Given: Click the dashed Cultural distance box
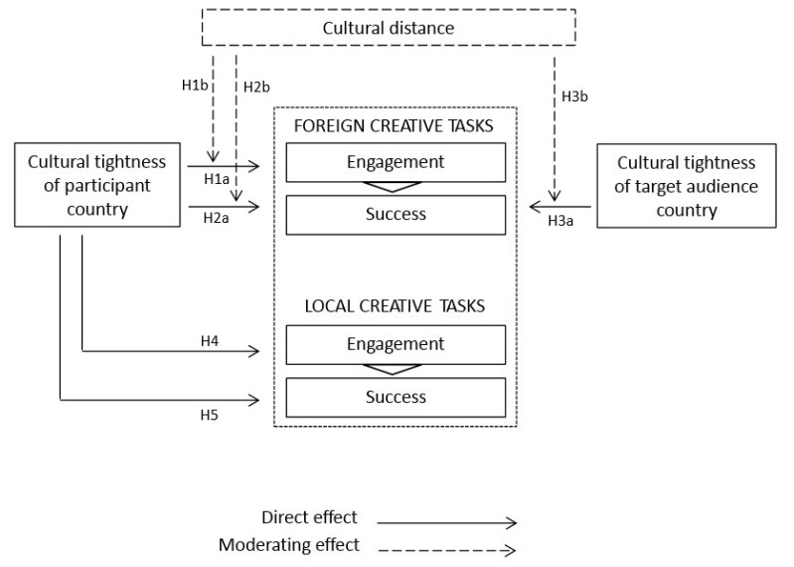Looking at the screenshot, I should pyautogui.click(x=388, y=28).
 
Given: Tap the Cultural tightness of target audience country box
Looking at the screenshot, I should pyautogui.click(x=686, y=185).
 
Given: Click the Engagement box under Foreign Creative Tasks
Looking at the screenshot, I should pyautogui.click(x=396, y=161).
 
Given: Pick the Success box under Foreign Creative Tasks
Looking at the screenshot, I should pyautogui.click(x=396, y=214).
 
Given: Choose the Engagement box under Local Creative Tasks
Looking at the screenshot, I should pyautogui.click(x=396, y=344).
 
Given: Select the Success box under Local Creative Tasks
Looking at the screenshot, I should pyautogui.click(x=396, y=397).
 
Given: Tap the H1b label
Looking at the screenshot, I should pyautogui.click(x=197, y=86).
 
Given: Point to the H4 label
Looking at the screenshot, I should pyautogui.click(x=209, y=340).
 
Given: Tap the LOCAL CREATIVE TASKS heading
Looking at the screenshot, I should pyautogui.click(x=395, y=305).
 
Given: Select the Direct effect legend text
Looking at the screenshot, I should pyautogui.click(x=308, y=517).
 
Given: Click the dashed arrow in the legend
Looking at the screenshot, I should pyautogui.click(x=446, y=549).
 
